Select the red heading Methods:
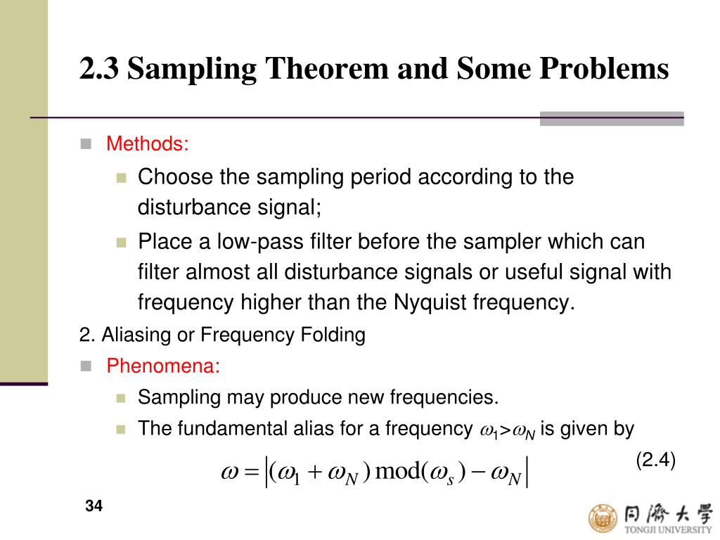(x=148, y=144)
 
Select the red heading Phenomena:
(x=163, y=366)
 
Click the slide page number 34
(x=94, y=506)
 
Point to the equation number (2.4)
(x=655, y=461)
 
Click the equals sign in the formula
(x=252, y=472)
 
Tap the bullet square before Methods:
(x=86, y=144)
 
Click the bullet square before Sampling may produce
(x=120, y=398)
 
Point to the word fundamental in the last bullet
(x=219, y=428)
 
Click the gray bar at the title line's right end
(x=611, y=118)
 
